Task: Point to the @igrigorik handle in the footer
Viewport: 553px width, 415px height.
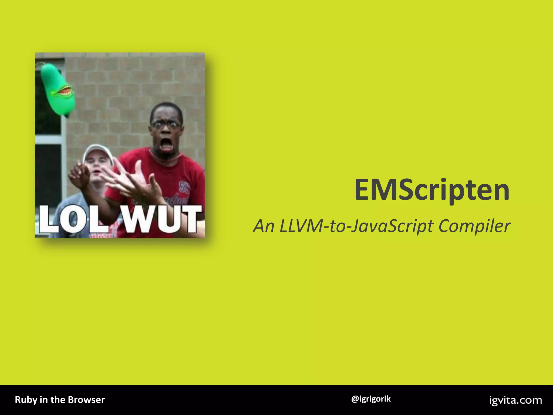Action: (371, 399)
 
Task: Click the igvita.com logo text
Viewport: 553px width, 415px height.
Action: (515, 400)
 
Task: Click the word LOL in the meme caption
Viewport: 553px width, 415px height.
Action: (75, 219)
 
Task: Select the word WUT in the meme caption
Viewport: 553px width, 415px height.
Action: (161, 219)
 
